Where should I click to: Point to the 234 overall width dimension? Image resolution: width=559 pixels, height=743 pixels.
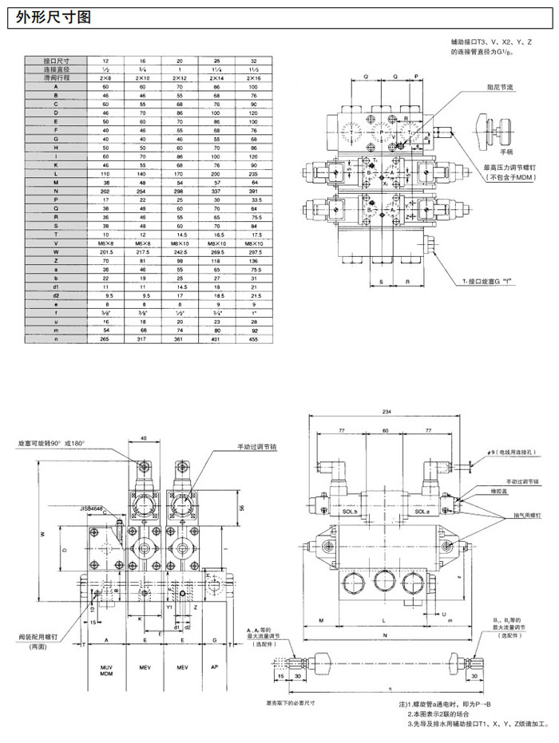tap(387, 412)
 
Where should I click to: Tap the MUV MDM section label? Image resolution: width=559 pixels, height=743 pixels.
tap(105, 671)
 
